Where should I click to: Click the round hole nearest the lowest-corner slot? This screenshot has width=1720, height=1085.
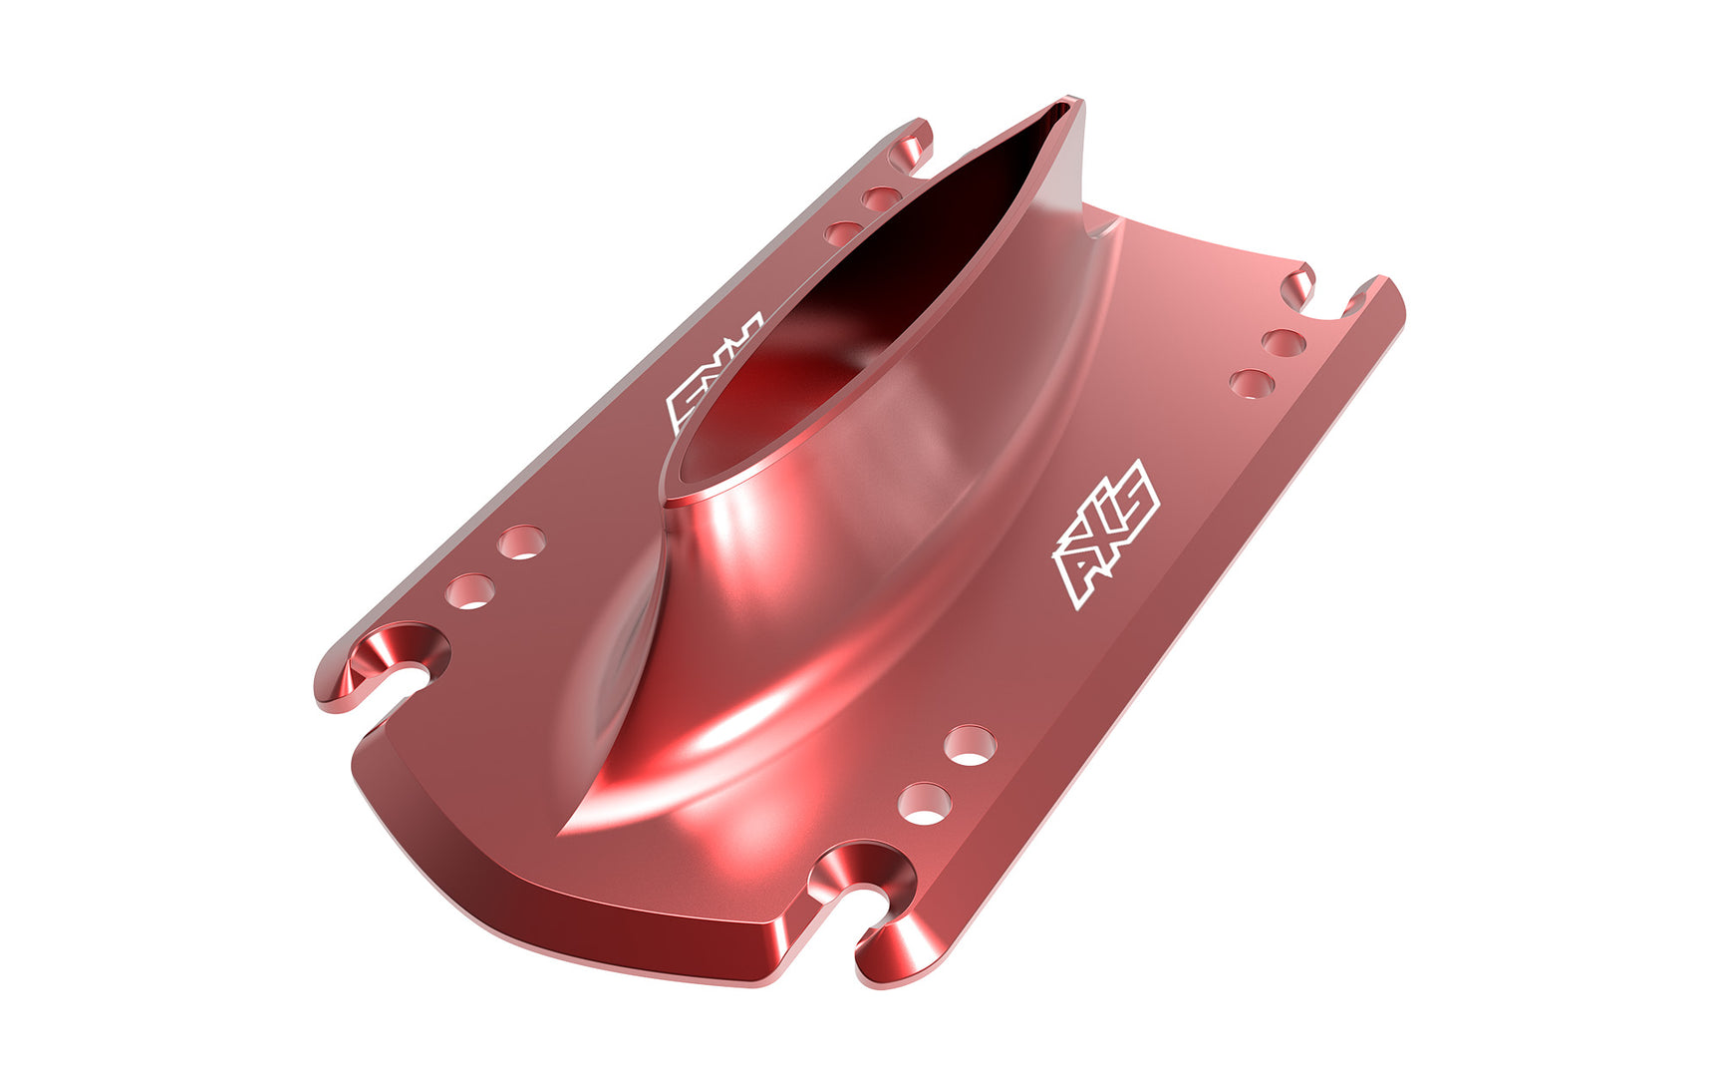pyautogui.click(x=925, y=803)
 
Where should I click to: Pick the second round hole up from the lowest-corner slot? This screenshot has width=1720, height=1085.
pyautogui.click(x=970, y=745)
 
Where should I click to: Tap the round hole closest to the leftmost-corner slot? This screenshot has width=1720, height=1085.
pyautogui.click(x=471, y=591)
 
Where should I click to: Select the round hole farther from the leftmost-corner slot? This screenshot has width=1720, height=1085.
pyautogui.click(x=522, y=542)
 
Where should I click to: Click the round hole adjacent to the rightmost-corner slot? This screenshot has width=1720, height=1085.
pyautogui.click(x=1284, y=343)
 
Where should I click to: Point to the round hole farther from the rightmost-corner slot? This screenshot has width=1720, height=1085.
pyautogui.click(x=1253, y=383)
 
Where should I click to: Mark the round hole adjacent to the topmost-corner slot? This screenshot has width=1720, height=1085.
pyautogui.click(x=882, y=197)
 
